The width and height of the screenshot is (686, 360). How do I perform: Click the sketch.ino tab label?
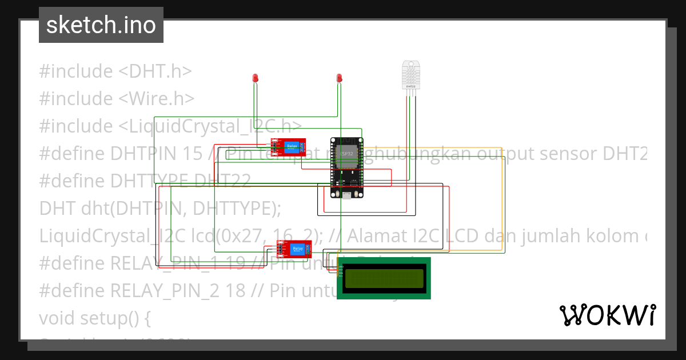click(101, 25)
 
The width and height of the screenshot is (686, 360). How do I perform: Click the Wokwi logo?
click(607, 315)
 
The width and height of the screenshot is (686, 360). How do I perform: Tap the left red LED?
click(255, 78)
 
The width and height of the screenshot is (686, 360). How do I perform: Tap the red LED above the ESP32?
click(339, 78)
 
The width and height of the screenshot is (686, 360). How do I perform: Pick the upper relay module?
click(289, 147)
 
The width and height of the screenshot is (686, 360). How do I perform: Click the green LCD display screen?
click(384, 278)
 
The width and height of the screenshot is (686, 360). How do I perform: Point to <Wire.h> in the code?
click(157, 99)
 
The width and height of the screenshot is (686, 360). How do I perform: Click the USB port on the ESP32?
click(347, 195)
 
